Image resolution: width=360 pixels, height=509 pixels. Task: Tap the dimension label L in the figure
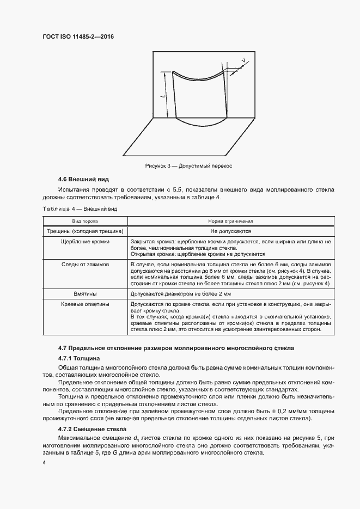[x=163, y=96]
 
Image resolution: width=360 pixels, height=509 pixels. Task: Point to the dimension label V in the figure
[x=242, y=59]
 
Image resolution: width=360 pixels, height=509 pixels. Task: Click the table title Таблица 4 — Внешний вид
[x=80, y=208]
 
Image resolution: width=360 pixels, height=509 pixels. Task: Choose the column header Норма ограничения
[x=230, y=222]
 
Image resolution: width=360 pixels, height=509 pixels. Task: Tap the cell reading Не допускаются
[x=230, y=231]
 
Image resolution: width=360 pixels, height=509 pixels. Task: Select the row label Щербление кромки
[x=86, y=241]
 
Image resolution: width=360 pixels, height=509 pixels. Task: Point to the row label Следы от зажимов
[x=86, y=264]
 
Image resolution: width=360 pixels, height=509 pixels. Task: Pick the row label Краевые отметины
[x=86, y=304]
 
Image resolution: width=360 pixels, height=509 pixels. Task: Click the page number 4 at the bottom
[x=44, y=462]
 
